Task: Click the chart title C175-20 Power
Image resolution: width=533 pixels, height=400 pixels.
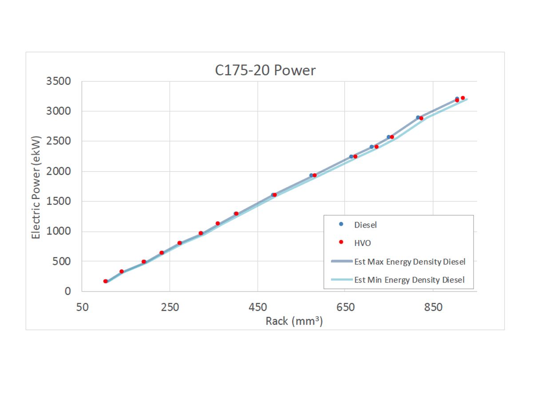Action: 265,71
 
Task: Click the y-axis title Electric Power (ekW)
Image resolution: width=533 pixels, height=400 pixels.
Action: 36,187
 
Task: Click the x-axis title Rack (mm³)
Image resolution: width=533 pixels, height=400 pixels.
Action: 294,321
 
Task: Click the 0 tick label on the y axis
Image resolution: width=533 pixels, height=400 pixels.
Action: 68,292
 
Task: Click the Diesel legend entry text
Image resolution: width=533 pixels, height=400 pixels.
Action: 365,225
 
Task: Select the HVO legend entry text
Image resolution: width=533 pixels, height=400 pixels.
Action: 362,243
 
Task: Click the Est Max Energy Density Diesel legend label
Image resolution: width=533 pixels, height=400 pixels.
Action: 410,262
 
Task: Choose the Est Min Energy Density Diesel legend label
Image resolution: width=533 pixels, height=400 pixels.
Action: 409,280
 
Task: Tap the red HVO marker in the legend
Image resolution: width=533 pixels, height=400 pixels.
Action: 341,242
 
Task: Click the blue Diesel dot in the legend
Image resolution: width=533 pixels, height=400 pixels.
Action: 341,224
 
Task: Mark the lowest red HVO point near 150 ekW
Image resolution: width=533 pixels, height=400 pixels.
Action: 105,281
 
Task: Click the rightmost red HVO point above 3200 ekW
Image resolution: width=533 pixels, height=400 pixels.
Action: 462,98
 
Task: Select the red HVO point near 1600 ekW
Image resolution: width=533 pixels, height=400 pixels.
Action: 274,195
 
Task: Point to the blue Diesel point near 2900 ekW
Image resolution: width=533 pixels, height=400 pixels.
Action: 418,117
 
